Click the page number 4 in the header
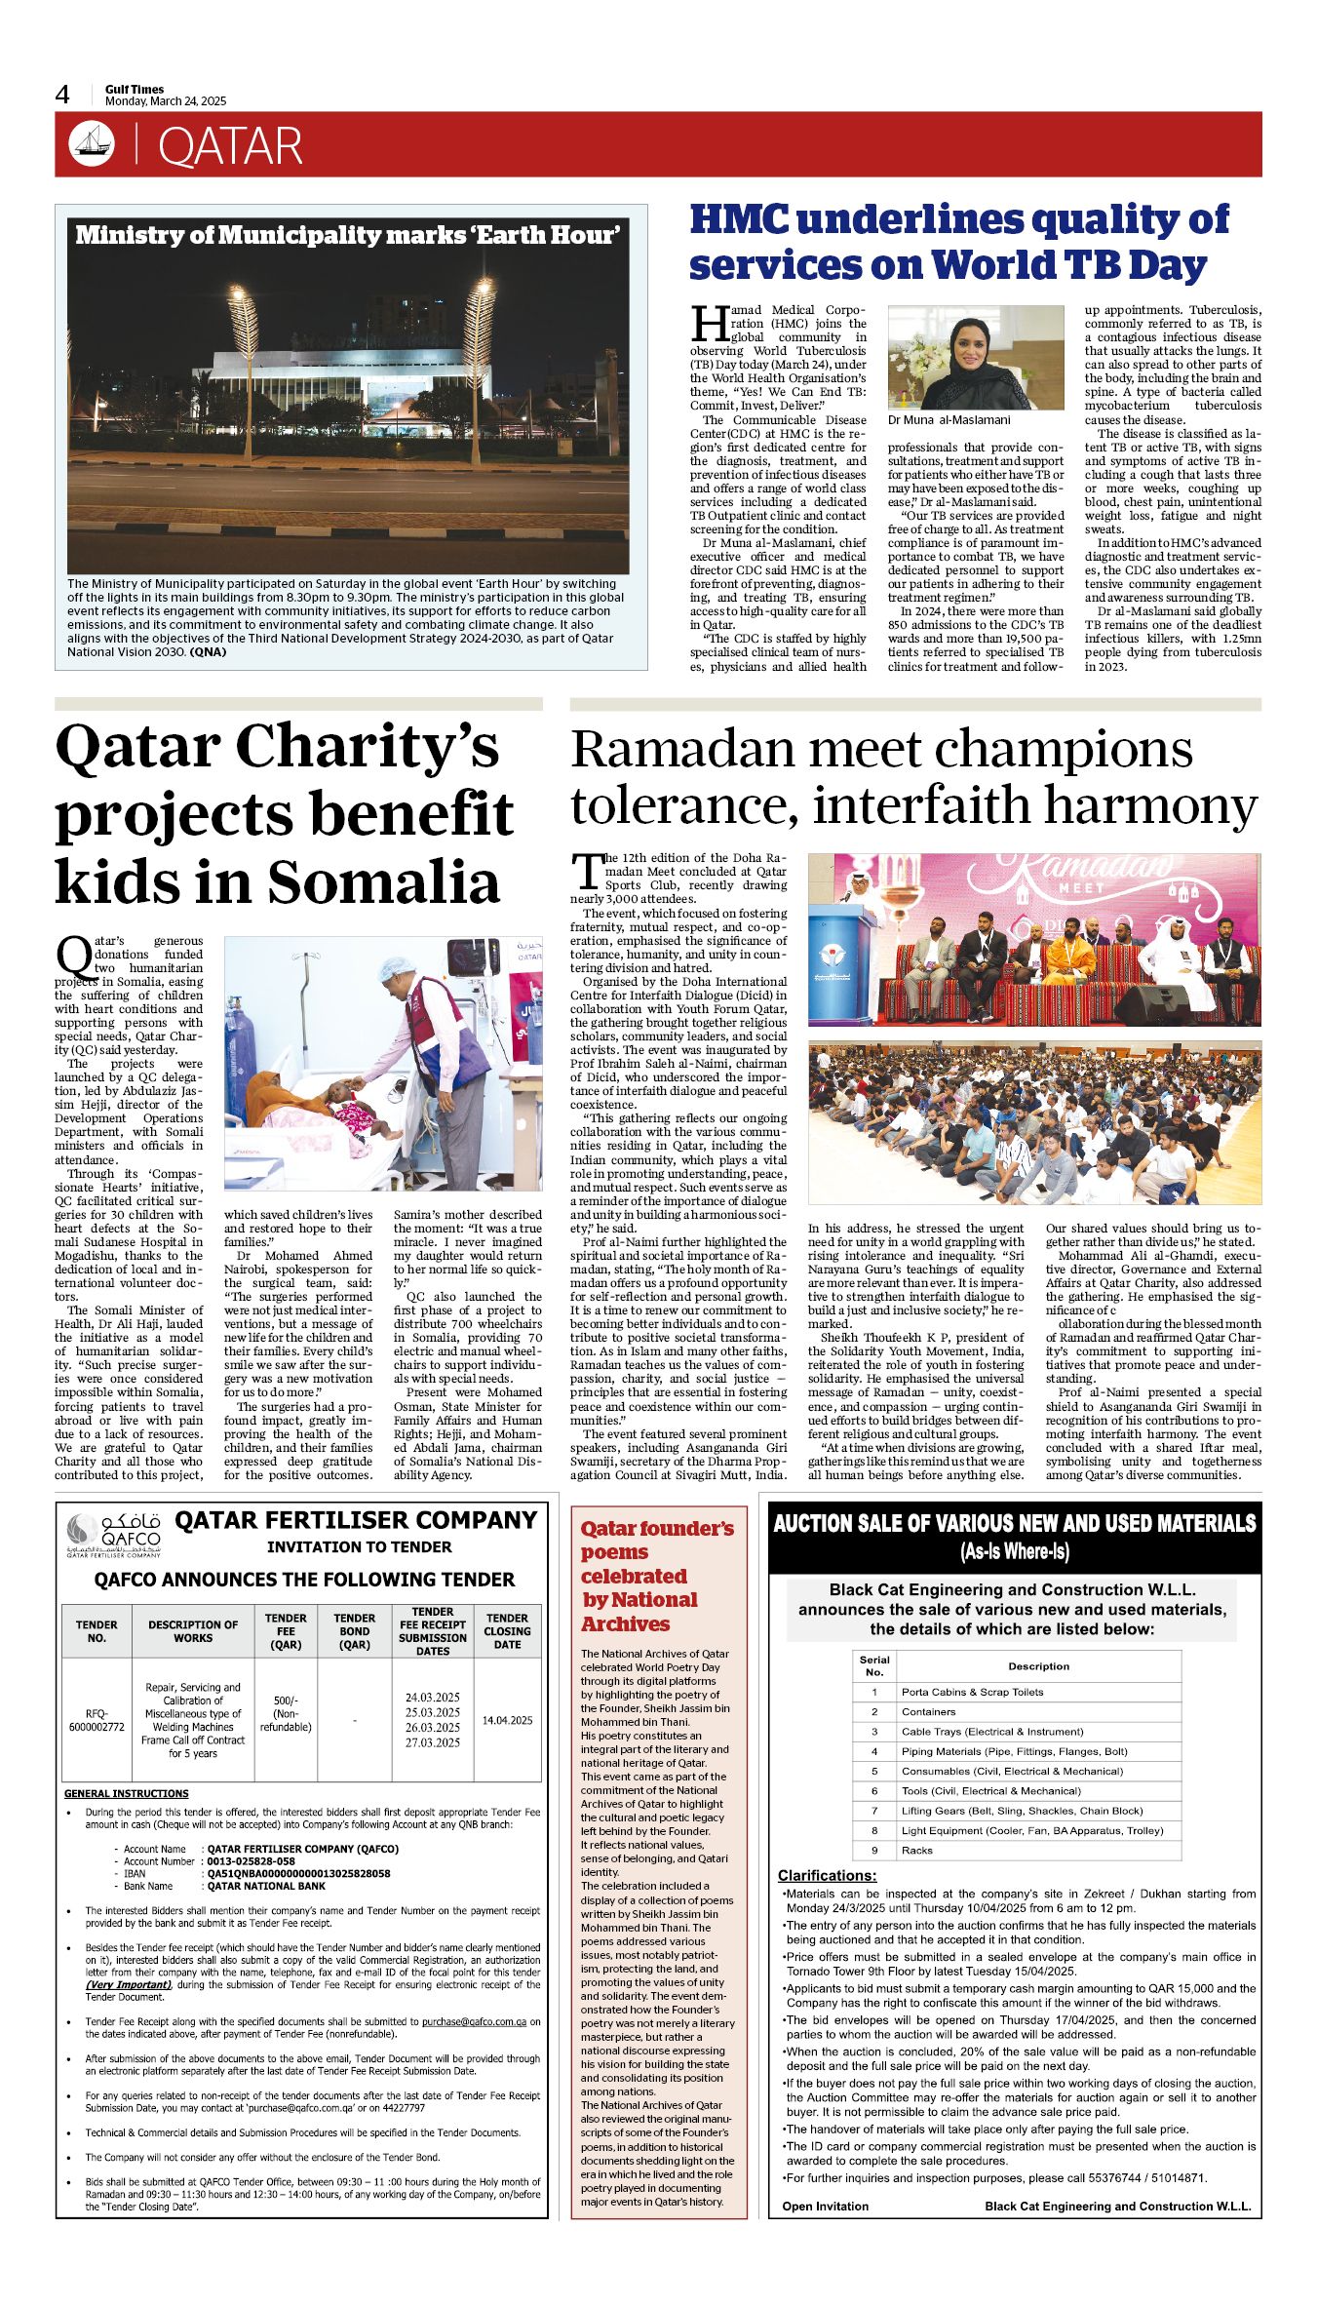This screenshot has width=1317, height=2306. tap(62, 95)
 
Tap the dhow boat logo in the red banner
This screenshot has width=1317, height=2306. tap(92, 144)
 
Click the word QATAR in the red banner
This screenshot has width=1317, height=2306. tap(230, 146)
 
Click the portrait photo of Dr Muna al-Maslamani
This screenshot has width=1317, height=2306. tap(976, 357)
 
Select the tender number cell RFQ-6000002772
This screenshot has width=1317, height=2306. tap(97, 1720)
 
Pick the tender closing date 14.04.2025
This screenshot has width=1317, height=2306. tap(507, 1720)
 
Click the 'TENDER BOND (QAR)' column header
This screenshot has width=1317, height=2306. tap(354, 1630)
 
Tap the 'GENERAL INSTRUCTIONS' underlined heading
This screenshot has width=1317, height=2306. tap(127, 1793)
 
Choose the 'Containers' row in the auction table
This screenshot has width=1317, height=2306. tap(928, 1711)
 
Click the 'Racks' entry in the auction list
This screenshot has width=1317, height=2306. tap(916, 1850)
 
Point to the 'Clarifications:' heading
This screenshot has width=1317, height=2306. tap(827, 1875)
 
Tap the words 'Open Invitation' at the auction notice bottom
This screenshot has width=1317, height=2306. tap(825, 2206)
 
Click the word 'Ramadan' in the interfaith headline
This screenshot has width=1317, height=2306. tap(685, 751)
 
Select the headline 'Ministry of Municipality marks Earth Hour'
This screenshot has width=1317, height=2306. tap(347, 235)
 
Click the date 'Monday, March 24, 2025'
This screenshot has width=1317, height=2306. tap(166, 101)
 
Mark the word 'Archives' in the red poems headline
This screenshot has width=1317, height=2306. tap(625, 1623)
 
